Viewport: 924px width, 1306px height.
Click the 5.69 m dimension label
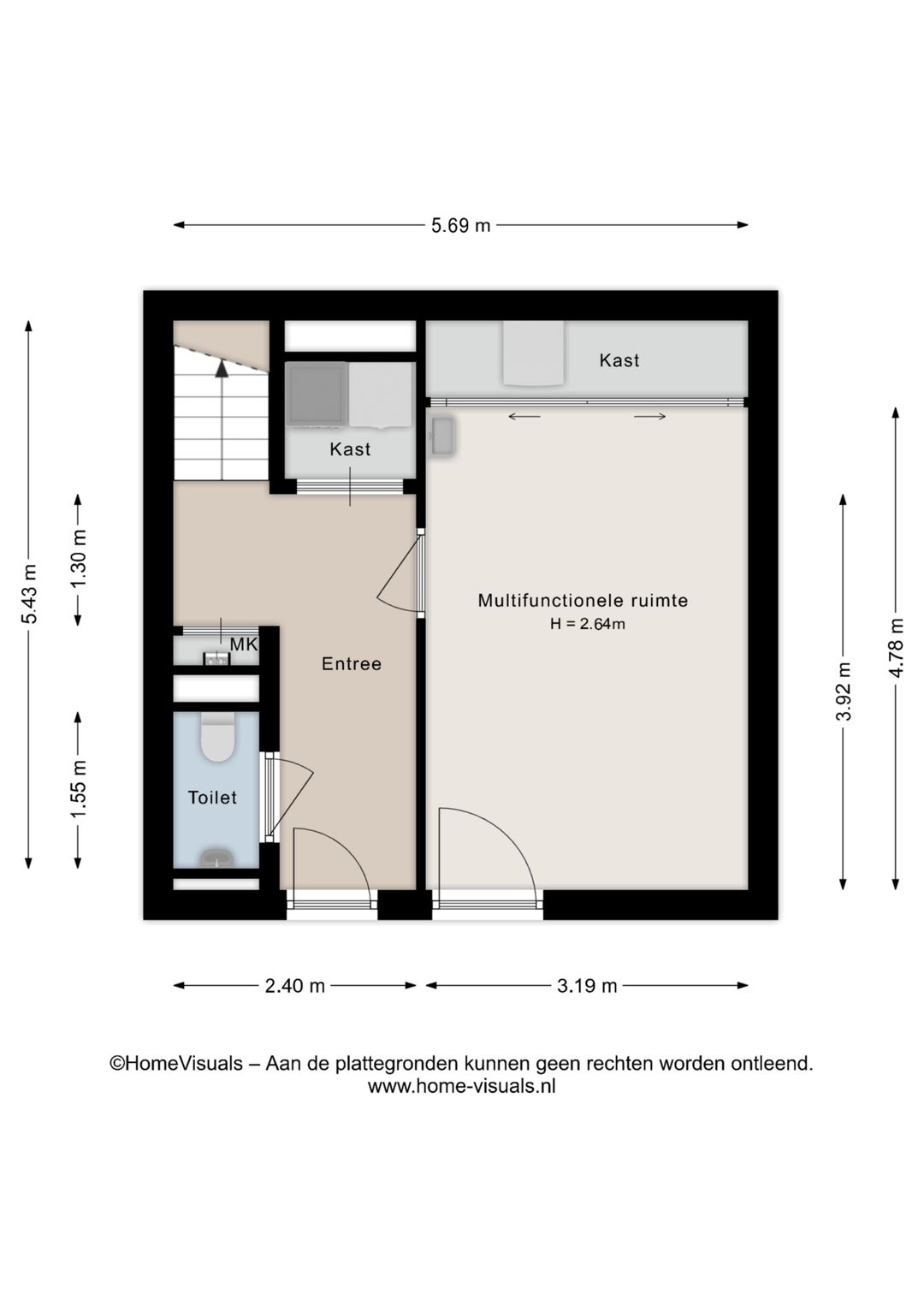click(460, 226)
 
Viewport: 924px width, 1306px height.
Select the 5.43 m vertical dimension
click(30, 594)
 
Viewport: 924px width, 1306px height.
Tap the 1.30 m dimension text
click(79, 559)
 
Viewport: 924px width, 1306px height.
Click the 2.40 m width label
click(294, 986)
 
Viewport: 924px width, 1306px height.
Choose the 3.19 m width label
click(587, 986)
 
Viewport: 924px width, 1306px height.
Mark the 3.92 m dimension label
click(844, 692)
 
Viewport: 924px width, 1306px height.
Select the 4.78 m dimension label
click(896, 648)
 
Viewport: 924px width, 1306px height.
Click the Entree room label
click(351, 664)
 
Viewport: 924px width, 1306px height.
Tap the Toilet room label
click(212, 798)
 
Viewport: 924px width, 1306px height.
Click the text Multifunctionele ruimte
click(583, 601)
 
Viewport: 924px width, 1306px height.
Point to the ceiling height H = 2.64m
click(587, 625)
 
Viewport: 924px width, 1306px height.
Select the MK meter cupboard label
click(244, 645)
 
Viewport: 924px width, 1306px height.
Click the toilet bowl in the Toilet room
click(218, 739)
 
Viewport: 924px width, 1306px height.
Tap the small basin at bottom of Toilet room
click(216, 858)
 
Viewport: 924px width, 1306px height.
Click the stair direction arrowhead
click(222, 369)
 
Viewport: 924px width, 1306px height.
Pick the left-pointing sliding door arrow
click(524, 417)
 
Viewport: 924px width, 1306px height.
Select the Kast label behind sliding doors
click(619, 360)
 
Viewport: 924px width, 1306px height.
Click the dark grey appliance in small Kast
click(316, 395)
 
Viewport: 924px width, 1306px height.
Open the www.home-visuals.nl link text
click(461, 1087)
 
